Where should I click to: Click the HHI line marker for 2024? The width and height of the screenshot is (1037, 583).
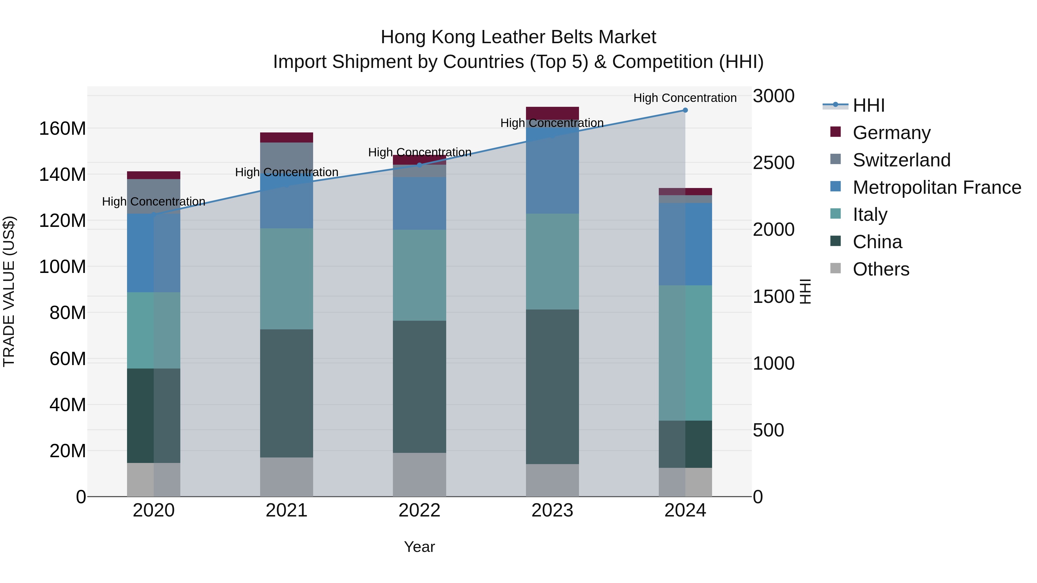pyautogui.click(x=685, y=110)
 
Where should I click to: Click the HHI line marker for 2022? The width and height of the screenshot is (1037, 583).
pyautogui.click(x=419, y=165)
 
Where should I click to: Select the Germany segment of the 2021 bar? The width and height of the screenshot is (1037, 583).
pyautogui.click(x=286, y=138)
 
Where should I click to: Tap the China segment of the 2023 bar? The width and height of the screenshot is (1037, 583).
pyautogui.click(x=552, y=386)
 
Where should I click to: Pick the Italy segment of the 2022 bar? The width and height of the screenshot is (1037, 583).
pyautogui.click(x=419, y=275)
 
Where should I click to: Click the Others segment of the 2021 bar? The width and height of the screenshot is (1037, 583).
pyautogui.click(x=286, y=477)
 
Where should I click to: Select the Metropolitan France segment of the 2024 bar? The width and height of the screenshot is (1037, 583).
pyautogui.click(x=685, y=244)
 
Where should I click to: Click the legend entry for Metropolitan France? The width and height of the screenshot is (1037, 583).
pyautogui.click(x=936, y=187)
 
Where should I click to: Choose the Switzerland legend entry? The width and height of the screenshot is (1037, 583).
pyautogui.click(x=901, y=160)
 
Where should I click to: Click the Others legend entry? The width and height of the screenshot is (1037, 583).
pyautogui.click(x=881, y=269)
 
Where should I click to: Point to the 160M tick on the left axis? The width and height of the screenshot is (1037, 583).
pyautogui.click(x=63, y=129)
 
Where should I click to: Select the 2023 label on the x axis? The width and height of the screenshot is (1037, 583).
pyautogui.click(x=552, y=510)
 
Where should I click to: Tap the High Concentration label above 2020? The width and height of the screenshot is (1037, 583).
pyautogui.click(x=153, y=201)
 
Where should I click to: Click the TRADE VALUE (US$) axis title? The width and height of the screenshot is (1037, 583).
pyautogui.click(x=9, y=291)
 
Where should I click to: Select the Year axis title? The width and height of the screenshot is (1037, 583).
pyautogui.click(x=419, y=547)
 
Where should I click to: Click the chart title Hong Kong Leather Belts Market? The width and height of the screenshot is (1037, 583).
pyautogui.click(x=518, y=37)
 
